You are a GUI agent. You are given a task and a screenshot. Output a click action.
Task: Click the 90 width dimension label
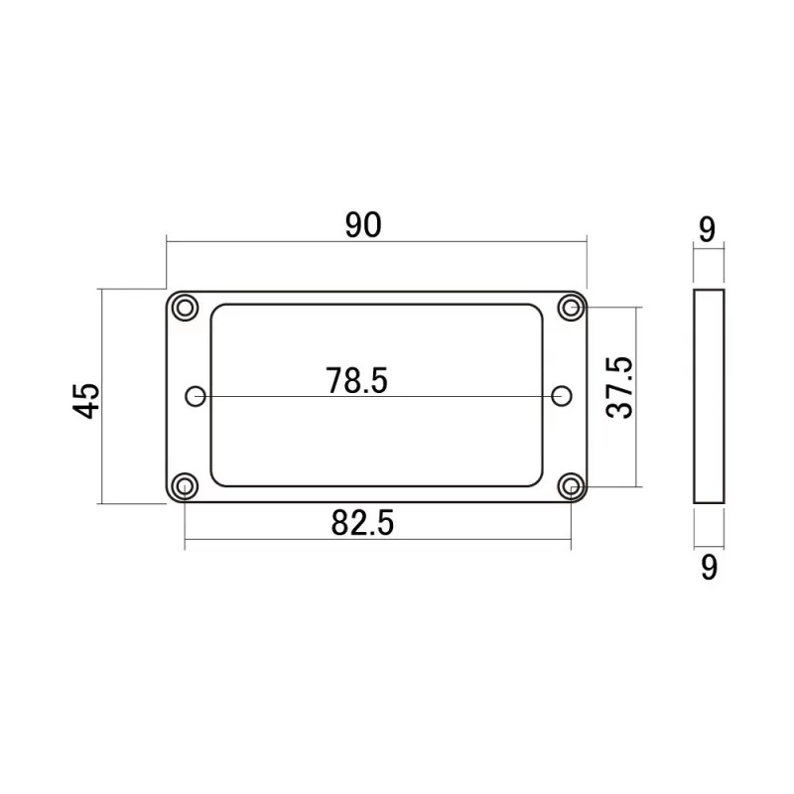pos(363,225)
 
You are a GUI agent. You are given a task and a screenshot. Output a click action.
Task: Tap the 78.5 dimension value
pos(355,380)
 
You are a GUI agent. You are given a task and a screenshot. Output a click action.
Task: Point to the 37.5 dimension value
pos(619,389)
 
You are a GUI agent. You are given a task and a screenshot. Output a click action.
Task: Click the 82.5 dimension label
pos(363,523)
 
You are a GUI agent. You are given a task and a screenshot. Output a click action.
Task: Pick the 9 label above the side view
pos(707,230)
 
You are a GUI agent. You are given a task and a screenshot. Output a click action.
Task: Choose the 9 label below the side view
pos(708,567)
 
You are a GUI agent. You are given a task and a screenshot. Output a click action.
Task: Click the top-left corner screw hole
pos(184,308)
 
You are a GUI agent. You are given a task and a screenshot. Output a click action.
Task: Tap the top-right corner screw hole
pos(571,308)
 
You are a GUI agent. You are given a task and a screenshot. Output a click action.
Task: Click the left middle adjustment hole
pos(197,397)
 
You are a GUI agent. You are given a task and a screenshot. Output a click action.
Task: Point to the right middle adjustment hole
pos(563,397)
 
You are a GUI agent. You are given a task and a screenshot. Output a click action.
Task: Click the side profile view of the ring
pos(708,397)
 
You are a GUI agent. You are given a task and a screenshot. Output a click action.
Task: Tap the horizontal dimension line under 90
pos(377,239)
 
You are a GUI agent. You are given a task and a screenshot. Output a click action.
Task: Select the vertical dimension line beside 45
pos(101,397)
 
